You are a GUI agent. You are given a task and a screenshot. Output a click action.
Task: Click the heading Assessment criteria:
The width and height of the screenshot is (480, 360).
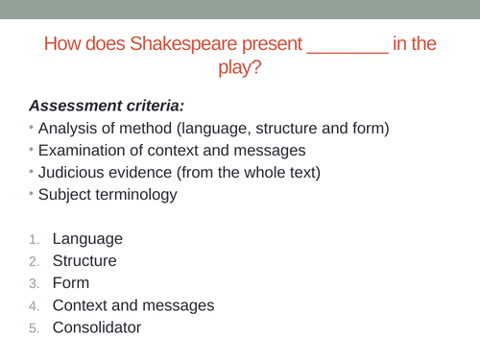pos(106,105)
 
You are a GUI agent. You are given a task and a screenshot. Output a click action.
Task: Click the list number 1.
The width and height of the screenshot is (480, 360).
pos(33,239)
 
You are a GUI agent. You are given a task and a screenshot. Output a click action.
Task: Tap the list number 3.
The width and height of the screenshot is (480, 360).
pos(33,283)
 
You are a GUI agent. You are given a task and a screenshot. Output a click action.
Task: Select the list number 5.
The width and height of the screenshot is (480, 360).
pos(33,327)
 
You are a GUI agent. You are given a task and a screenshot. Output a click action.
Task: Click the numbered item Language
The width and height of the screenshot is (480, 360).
pos(87,238)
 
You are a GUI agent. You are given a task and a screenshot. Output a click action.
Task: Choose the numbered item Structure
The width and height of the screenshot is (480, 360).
pos(84,260)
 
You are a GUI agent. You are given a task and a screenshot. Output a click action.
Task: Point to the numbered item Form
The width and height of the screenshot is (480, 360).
pos(71,283)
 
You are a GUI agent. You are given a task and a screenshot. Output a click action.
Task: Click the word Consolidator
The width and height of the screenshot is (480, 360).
pos(96,327)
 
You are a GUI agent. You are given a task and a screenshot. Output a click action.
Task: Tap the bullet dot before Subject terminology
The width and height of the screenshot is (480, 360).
pos(31,195)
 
